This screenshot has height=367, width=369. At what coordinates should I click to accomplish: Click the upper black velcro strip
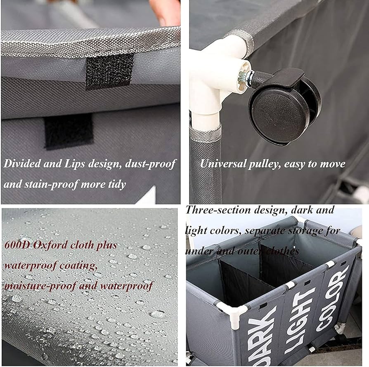pyautogui.click(x=109, y=71)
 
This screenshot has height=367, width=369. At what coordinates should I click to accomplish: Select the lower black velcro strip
pyautogui.click(x=69, y=132)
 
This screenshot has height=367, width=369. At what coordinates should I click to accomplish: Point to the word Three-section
pyautogui.click(x=218, y=210)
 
